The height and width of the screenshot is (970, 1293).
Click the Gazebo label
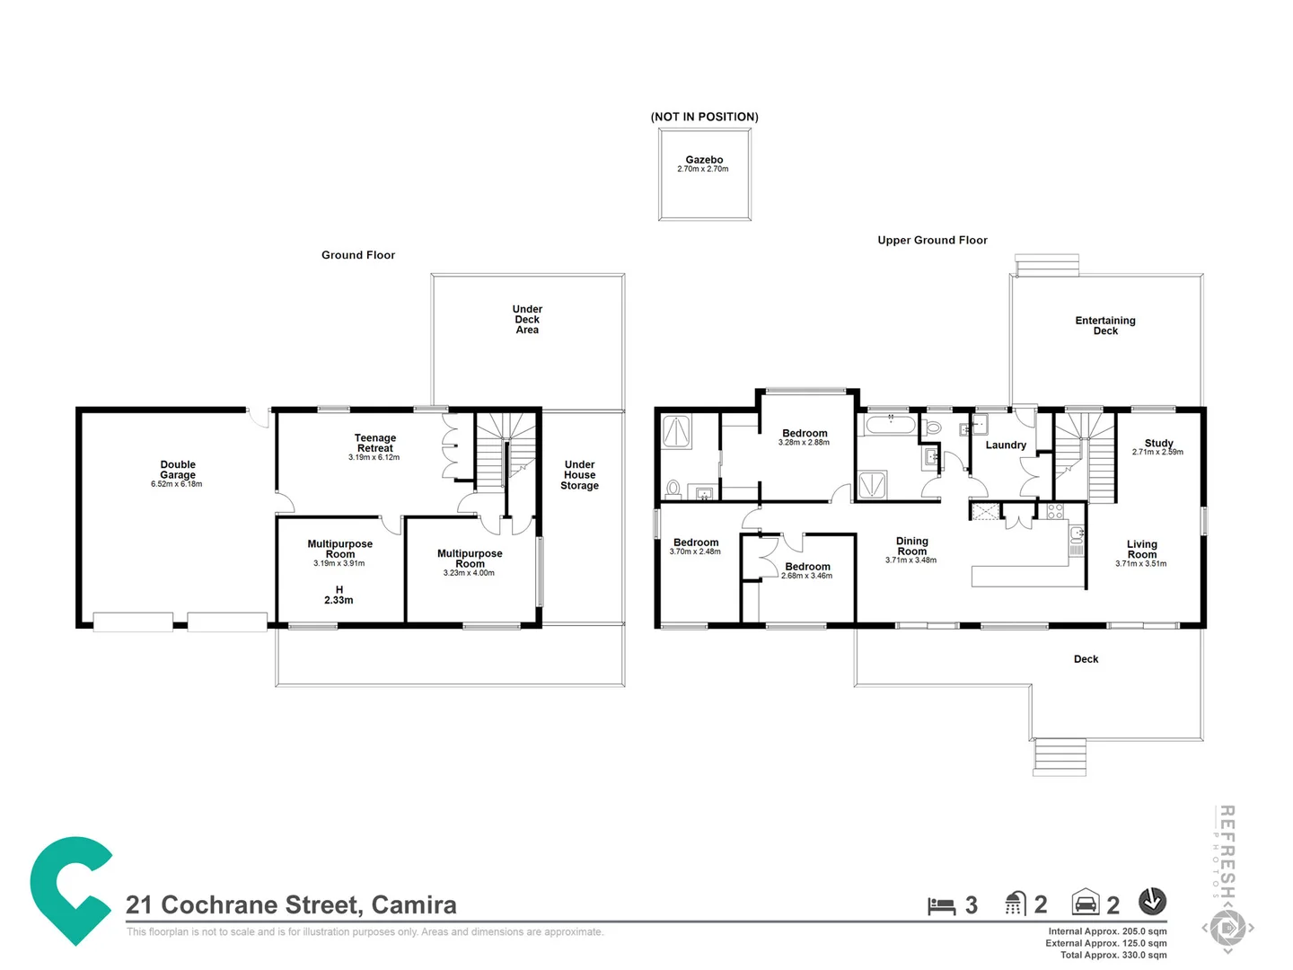tap(704, 160)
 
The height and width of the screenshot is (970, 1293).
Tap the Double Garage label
tap(178, 470)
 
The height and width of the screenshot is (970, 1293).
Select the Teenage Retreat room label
tap(374, 443)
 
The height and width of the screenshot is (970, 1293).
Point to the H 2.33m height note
tap(339, 595)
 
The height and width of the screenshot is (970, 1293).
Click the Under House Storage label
tap(579, 475)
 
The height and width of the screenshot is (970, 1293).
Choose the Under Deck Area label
tap(527, 320)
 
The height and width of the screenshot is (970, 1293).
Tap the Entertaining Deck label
tap(1105, 326)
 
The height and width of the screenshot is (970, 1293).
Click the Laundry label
tap(1006, 445)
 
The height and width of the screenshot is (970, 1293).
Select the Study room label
tap(1158, 443)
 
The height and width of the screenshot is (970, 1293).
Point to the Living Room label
tap(1141, 549)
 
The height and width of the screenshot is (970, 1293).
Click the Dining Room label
tap(911, 546)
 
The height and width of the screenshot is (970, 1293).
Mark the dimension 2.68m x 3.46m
tap(806, 576)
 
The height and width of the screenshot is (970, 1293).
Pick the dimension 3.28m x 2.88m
tap(804, 443)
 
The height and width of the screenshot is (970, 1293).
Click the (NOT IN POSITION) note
tap(704, 117)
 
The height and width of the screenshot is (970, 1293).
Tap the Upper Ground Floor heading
tap(932, 241)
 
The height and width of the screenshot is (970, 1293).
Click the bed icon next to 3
tap(941, 905)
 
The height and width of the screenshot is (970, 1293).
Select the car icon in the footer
tap(1086, 903)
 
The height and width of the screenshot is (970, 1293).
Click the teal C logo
tap(70, 890)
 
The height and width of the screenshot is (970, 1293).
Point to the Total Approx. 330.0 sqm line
tap(1113, 955)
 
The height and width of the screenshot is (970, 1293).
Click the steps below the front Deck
tap(1060, 756)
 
